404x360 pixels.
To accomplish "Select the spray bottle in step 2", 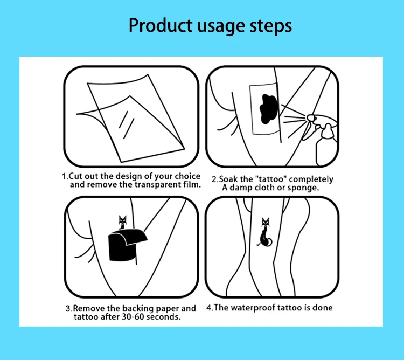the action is coord(323,139).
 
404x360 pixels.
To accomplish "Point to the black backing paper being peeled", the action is coord(127,245).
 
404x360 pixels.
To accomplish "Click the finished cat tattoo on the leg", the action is coord(265,232).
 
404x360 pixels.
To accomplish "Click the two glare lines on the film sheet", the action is coord(126,124).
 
